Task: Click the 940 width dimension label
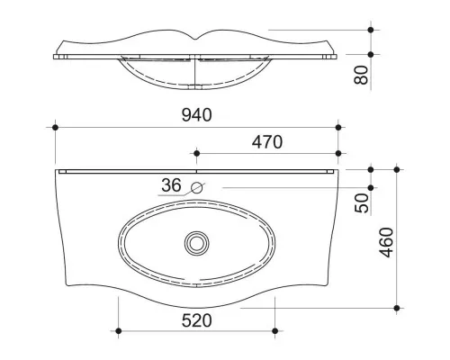click(x=196, y=115)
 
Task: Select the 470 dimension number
click(x=267, y=142)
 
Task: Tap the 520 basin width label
click(x=196, y=320)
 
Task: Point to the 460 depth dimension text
click(x=386, y=242)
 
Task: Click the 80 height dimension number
click(x=361, y=75)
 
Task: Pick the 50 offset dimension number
click(x=362, y=203)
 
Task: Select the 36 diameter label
click(x=171, y=185)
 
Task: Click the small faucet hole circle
click(x=197, y=188)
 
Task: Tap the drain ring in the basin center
click(x=197, y=243)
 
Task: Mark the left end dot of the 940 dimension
click(x=55, y=128)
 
